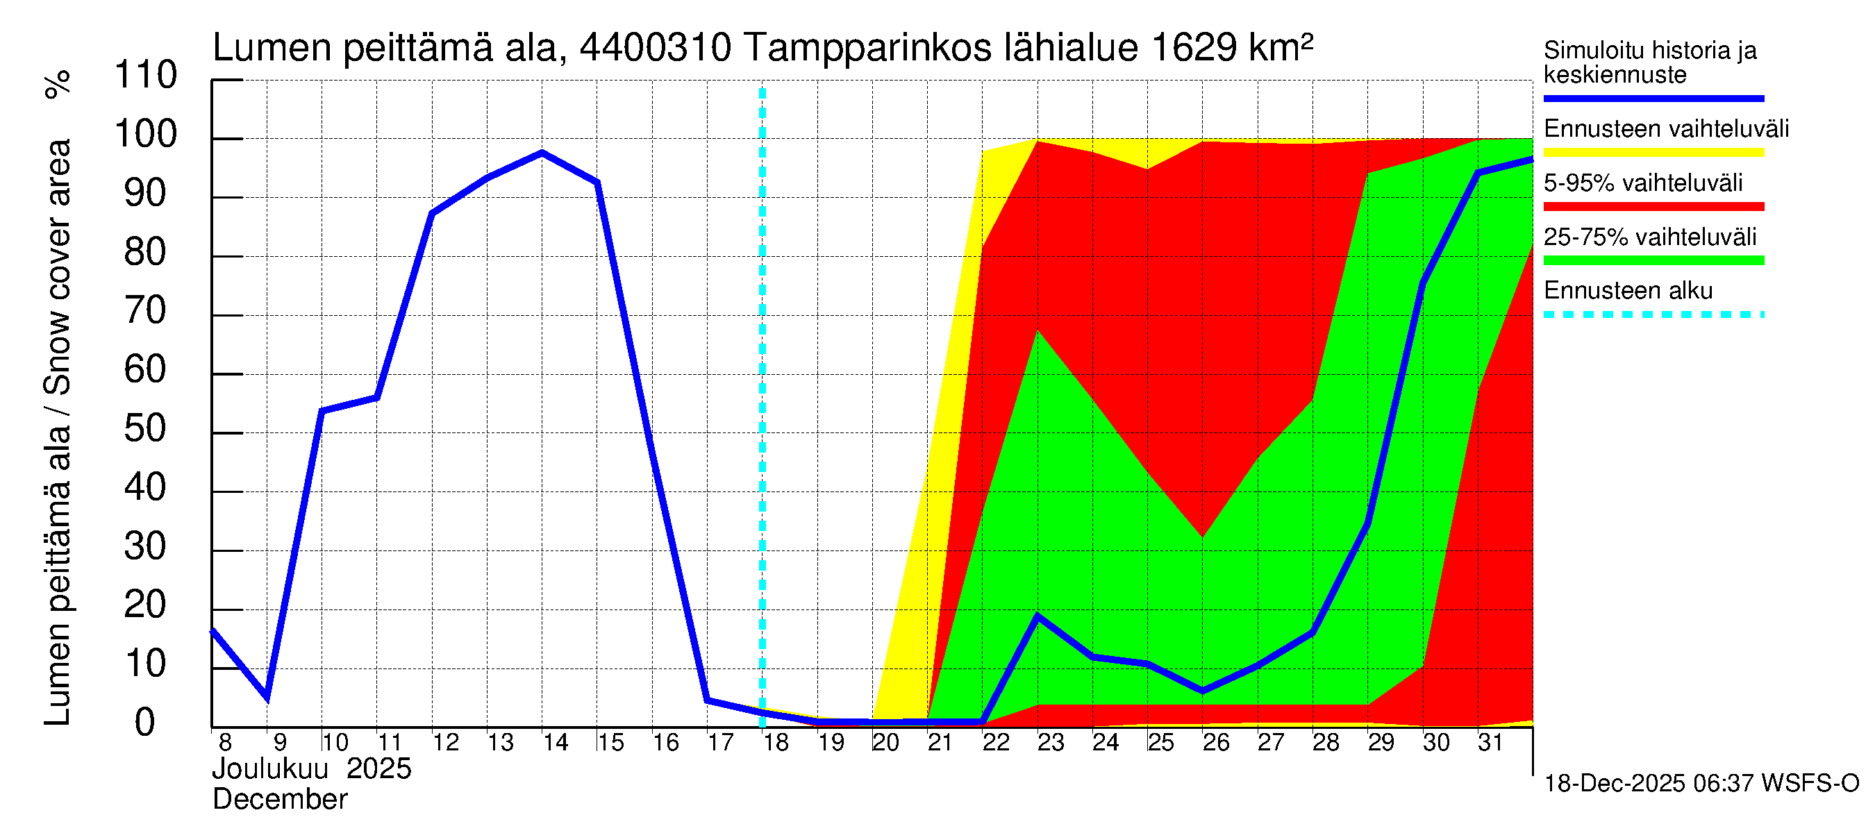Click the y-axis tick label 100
(146, 135)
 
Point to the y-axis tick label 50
(145, 429)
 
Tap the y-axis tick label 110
(146, 76)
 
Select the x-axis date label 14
(556, 743)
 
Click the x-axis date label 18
(776, 743)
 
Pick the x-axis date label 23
(1050, 743)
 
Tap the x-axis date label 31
(1490, 743)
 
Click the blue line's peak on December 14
(542, 152)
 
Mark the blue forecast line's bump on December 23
(1037, 616)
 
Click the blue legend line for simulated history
(1653, 98)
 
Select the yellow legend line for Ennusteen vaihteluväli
(1653, 153)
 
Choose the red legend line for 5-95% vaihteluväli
(1653, 207)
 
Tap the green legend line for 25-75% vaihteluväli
(1653, 260)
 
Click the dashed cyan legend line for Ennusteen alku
(1653, 315)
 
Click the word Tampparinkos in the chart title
(867, 48)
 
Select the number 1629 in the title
(1194, 48)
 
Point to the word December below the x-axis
(279, 800)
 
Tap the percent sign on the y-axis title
(58, 84)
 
